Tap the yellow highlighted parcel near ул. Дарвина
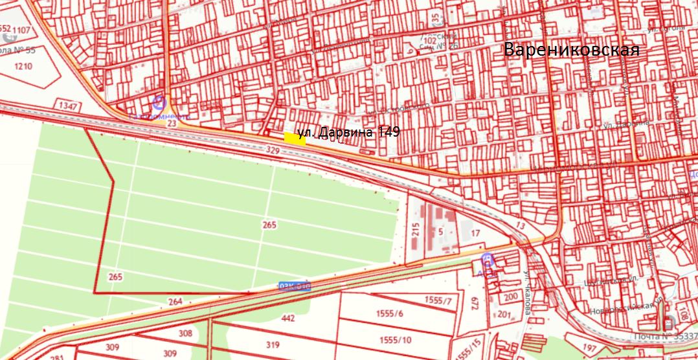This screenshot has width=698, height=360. (295, 137)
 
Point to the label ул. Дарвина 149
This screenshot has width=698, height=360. (348, 133)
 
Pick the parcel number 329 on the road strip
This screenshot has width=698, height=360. (273, 150)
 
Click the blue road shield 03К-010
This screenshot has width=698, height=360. (295, 285)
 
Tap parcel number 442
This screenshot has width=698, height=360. (289, 318)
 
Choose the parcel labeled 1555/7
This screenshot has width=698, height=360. (438, 300)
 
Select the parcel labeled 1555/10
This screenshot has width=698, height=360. (396, 340)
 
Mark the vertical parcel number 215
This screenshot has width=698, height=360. (416, 231)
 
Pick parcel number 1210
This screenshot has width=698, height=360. (23, 67)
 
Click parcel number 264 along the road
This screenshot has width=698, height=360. (175, 302)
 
